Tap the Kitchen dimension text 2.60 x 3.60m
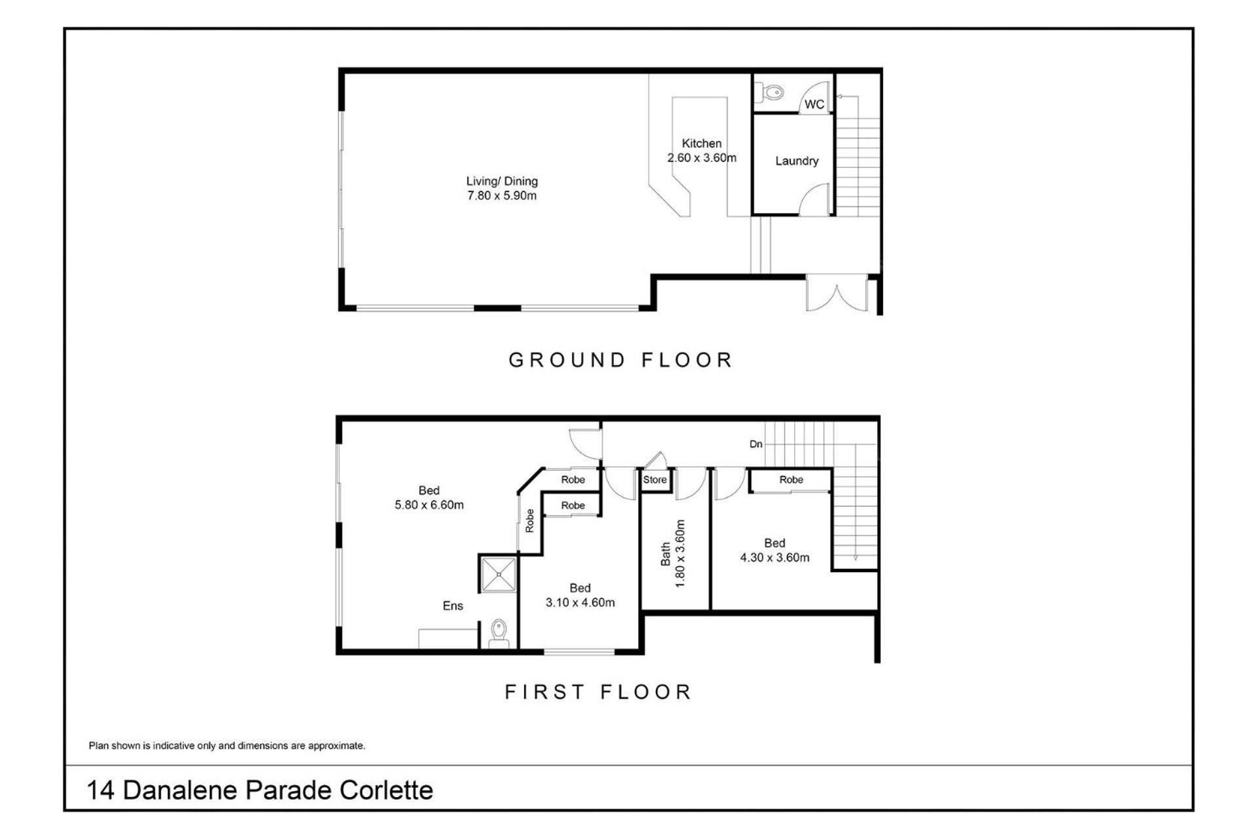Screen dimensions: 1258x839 point(702,158)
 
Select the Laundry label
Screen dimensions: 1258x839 point(797,161)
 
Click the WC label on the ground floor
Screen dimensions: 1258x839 point(814,104)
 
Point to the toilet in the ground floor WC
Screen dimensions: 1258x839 point(771,92)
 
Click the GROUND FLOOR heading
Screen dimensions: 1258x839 point(620,360)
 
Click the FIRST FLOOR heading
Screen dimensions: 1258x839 point(598,692)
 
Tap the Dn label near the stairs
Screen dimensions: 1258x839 point(756,444)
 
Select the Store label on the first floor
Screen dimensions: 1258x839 point(655,480)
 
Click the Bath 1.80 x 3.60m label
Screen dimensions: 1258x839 point(672,554)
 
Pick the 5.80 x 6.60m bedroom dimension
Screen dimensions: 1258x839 point(429,505)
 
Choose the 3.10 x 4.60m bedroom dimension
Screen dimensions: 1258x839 point(581,602)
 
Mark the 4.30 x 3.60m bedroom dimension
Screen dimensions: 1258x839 point(774,557)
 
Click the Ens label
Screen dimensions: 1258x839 point(453,606)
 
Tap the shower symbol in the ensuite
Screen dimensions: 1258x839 point(499,574)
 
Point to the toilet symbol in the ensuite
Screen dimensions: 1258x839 point(499,633)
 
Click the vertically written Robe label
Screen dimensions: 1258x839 point(529,520)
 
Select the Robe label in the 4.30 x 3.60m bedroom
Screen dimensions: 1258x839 point(791,480)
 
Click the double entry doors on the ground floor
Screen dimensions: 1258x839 point(837,293)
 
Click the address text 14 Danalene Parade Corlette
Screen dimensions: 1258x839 point(260,790)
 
